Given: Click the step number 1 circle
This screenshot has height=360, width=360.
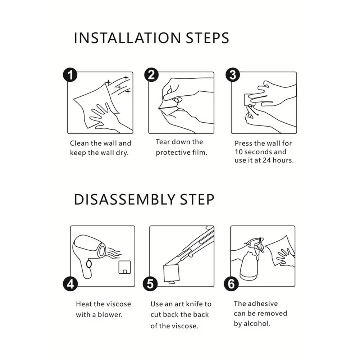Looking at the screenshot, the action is pos(70,74).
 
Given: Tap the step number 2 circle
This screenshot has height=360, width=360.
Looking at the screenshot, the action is pos(151,74).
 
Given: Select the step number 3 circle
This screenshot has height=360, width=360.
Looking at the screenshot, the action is pos(233,74).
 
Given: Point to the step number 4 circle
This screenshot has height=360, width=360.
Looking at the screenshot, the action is pos(70,284).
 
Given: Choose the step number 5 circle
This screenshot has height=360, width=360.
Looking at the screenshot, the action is pos(150,284).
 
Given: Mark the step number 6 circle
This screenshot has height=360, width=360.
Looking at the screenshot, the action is pos(231,284).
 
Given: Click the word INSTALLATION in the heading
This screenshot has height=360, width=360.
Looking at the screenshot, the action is pos(127,38).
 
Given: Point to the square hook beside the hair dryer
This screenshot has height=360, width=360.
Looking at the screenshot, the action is pos(125,267).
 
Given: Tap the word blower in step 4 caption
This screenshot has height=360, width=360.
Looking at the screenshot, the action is pos(110,315).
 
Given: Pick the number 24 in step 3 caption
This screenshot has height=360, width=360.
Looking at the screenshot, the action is pos(267,160).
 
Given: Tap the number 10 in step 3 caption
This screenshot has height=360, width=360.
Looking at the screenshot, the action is pos(239,152).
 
